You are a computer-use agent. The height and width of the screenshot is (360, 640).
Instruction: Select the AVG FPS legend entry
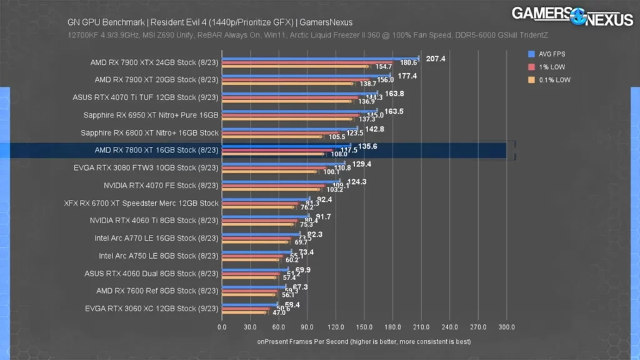[x=548, y=53]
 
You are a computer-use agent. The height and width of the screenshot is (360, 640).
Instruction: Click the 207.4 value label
[x=436, y=58]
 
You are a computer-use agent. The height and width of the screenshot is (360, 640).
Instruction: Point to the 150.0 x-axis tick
[x=364, y=326]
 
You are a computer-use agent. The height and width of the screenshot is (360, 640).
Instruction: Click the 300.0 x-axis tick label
[x=506, y=326]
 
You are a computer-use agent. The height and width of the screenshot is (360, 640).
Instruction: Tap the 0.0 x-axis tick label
[x=222, y=326]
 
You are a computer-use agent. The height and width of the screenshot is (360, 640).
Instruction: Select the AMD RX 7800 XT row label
[x=156, y=151]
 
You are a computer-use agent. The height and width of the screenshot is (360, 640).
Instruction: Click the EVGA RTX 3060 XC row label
[x=151, y=308]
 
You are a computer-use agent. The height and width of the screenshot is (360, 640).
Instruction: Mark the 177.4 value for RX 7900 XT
[x=407, y=76]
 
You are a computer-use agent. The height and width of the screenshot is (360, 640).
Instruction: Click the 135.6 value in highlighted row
[x=367, y=146]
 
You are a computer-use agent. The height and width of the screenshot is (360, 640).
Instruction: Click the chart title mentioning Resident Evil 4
[x=210, y=22]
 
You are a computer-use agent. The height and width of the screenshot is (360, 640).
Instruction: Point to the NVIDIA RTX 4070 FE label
[x=161, y=186]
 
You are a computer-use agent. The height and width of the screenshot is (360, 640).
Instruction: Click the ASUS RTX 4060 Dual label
[x=151, y=273]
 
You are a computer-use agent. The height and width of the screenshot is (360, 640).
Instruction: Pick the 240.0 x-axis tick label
[x=449, y=326]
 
